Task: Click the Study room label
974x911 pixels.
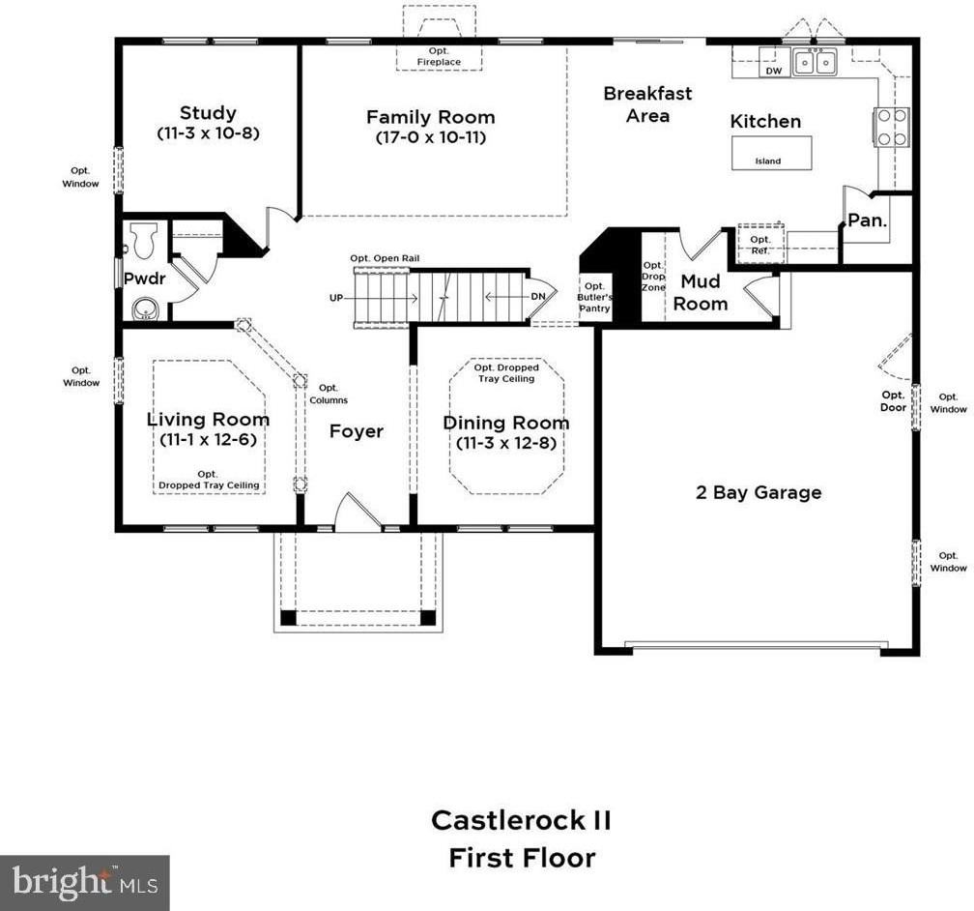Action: tap(207, 113)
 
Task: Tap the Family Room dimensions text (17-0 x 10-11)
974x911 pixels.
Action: tap(430, 137)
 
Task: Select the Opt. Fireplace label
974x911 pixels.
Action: tap(439, 56)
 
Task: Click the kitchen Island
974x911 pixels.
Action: tap(770, 154)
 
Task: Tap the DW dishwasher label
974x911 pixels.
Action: tap(773, 71)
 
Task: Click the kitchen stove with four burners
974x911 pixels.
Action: tap(891, 127)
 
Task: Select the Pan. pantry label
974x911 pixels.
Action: tap(867, 220)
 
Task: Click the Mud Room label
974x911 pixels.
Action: tap(701, 292)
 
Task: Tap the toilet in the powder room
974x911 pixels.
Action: tap(144, 239)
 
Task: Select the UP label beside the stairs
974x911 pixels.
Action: tap(336, 298)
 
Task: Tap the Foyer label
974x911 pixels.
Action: tap(357, 431)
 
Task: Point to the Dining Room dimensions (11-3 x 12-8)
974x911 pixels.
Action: tap(505, 444)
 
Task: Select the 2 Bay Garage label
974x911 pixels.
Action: tap(759, 492)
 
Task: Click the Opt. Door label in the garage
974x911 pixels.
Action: tap(893, 400)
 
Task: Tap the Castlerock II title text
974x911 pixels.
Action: tap(521, 821)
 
